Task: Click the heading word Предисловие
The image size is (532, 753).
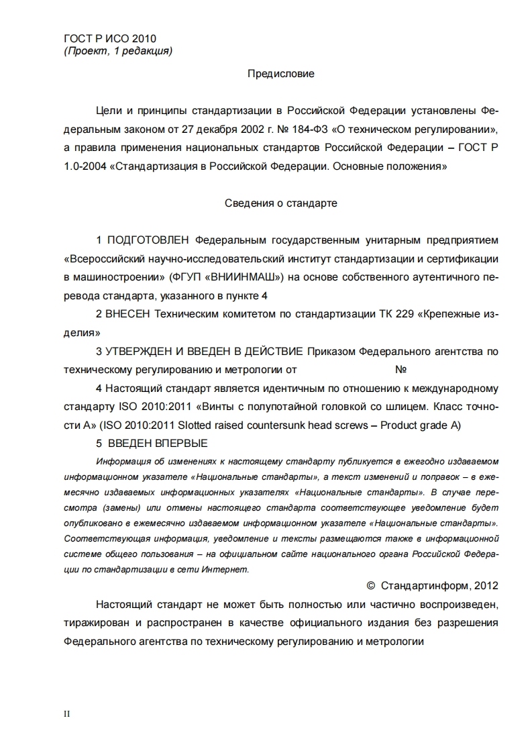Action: [x=281, y=74]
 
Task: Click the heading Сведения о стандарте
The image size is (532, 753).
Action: [x=281, y=203]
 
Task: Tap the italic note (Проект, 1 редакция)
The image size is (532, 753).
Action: [x=117, y=51]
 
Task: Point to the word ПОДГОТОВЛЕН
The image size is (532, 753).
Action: [x=148, y=240]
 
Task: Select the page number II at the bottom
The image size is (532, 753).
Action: [x=66, y=713]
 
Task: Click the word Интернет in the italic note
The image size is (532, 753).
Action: [x=228, y=569]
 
